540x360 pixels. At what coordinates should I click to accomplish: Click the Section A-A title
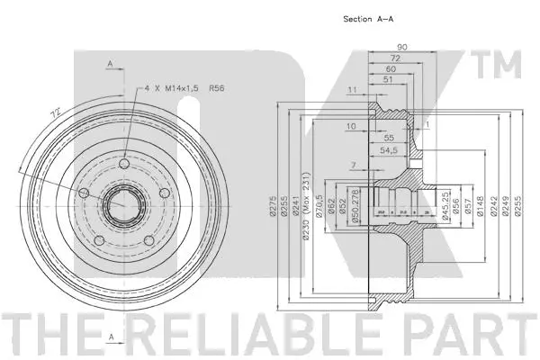[370, 17]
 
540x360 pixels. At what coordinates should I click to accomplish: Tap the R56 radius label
[217, 89]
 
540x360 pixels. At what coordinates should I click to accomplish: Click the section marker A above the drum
[109, 63]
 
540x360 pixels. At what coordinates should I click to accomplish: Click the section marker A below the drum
[109, 337]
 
